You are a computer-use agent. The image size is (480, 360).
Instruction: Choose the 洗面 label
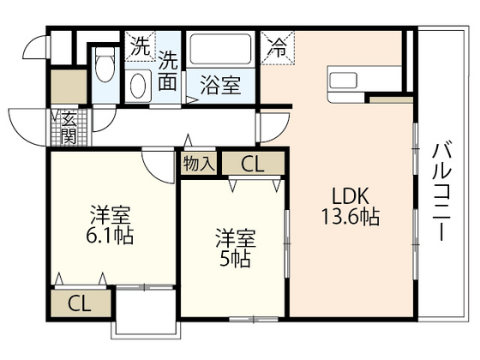tap(169, 72)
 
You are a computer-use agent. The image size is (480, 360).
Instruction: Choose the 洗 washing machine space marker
tap(139, 45)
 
